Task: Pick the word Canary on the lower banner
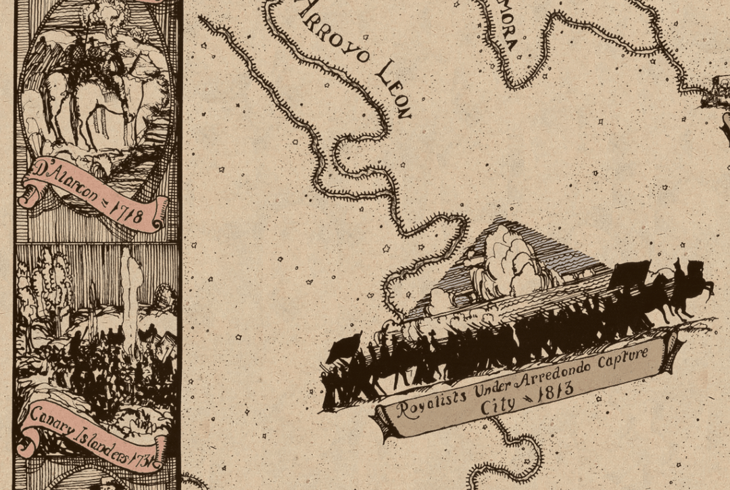51,416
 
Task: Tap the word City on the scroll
497,407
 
